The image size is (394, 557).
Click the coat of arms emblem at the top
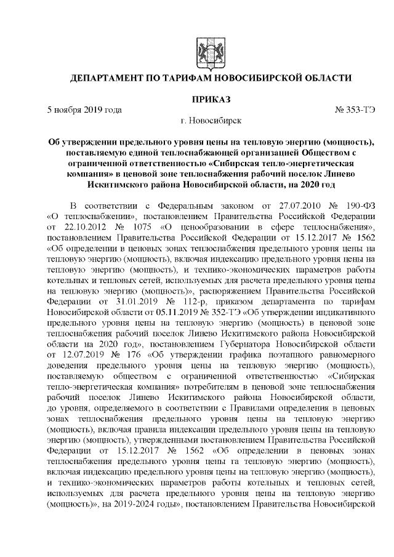pos(203,48)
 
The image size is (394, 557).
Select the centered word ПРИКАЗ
pos(203,99)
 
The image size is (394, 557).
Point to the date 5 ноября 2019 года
pos(84,110)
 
